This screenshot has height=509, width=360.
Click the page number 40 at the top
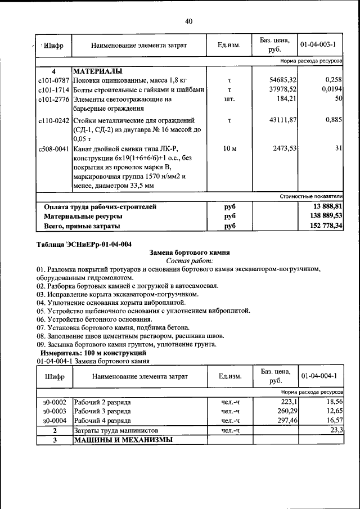188,21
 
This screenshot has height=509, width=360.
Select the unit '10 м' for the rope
229,148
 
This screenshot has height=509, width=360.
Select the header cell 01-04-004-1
318,376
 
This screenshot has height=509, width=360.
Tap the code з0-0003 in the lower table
55,412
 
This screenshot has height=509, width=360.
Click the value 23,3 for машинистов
336,430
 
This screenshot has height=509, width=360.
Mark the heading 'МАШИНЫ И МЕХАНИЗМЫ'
123,440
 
